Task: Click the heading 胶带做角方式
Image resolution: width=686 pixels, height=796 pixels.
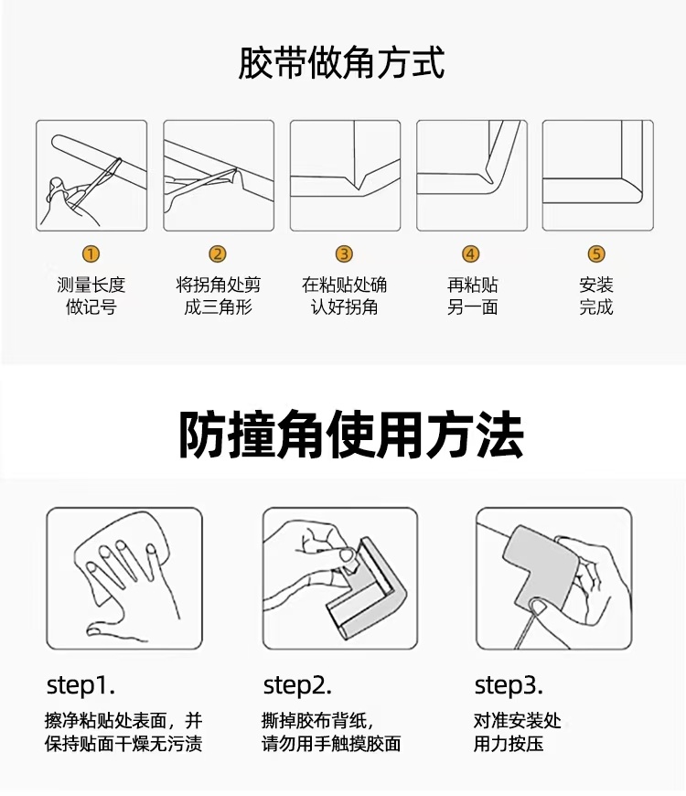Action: tap(341, 63)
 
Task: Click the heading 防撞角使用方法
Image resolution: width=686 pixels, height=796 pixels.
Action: tap(351, 436)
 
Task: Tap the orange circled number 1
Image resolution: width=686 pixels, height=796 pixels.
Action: tap(91, 253)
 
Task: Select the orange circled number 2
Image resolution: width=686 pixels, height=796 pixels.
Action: tap(218, 253)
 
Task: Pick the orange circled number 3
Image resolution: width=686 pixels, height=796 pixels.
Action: tap(344, 253)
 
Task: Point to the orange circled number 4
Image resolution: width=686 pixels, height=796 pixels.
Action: tap(470, 253)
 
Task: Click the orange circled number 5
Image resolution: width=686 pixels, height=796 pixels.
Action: tap(596, 253)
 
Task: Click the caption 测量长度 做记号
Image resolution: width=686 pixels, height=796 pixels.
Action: tap(91, 296)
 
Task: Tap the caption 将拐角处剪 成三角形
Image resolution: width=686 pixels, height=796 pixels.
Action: tap(219, 296)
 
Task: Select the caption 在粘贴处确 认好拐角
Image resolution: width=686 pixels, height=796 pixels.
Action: tap(345, 296)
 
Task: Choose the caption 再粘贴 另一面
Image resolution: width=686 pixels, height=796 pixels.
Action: tap(472, 296)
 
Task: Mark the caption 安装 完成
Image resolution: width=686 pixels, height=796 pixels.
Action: tap(596, 296)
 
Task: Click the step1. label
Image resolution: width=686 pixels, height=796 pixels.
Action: tap(80, 685)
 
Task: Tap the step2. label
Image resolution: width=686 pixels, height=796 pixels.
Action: tap(297, 685)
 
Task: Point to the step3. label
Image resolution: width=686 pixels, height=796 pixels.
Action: tap(509, 685)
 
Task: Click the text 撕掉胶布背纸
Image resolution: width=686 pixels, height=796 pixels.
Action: tap(315, 720)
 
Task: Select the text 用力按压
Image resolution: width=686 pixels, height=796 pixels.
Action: tap(509, 744)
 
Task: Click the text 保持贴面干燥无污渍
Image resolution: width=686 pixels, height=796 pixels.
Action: tap(123, 744)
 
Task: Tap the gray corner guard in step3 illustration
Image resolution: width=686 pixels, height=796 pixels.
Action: tap(541, 563)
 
